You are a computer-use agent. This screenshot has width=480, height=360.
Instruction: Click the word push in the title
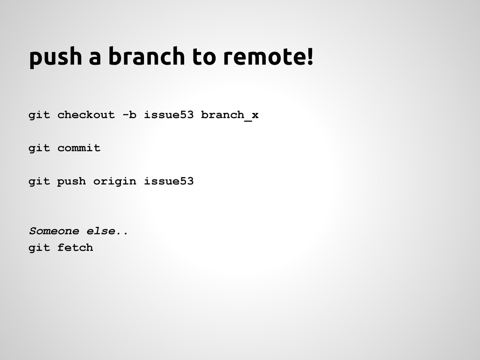[x=55, y=58]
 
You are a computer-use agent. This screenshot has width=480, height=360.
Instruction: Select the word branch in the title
[x=146, y=57]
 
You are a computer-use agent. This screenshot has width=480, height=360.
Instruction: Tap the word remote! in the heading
[x=267, y=57]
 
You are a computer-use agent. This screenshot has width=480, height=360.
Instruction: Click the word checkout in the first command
[x=86, y=115]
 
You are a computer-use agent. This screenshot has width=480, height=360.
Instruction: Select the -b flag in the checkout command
[x=129, y=115]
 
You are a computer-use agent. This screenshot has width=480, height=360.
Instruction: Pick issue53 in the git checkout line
[x=168, y=115]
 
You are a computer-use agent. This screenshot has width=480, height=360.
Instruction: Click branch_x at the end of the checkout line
[x=229, y=115]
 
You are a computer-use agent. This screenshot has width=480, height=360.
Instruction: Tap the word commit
[x=79, y=149]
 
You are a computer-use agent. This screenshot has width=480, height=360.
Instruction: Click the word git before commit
[x=39, y=149]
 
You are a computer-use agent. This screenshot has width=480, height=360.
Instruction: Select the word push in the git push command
[x=72, y=181]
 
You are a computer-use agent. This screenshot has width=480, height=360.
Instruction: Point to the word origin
[x=114, y=181]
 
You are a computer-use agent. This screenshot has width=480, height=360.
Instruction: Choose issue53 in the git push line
[x=168, y=181]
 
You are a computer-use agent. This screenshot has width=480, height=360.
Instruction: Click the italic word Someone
[x=54, y=231]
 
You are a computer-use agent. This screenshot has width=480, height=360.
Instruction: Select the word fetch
[x=75, y=247]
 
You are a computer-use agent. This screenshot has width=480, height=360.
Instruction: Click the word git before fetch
[x=39, y=247]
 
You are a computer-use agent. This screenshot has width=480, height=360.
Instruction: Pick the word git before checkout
[x=39, y=115]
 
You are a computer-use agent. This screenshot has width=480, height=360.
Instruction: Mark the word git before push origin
[x=39, y=181]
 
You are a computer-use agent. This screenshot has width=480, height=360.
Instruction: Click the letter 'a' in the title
[x=95, y=58]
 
